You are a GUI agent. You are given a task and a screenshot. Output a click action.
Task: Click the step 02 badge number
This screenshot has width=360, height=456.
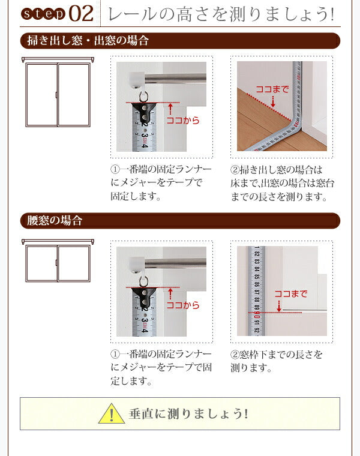point(81,13)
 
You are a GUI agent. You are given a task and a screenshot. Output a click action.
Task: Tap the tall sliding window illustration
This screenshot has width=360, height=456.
point(58,93)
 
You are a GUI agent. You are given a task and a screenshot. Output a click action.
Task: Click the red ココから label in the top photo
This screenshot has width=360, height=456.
point(182,121)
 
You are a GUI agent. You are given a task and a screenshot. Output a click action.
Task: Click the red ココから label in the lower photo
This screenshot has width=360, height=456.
point(182,305)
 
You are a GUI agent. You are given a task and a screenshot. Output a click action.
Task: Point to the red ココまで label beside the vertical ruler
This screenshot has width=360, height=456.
point(290,293)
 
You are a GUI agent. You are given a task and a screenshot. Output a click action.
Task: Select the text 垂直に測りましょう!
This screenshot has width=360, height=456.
point(188,414)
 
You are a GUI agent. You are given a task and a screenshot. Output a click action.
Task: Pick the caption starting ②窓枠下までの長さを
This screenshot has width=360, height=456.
point(276,361)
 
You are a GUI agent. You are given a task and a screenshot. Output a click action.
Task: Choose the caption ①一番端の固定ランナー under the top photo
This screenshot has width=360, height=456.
point(160,183)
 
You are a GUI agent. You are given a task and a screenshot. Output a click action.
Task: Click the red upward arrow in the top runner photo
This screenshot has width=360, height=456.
point(171,109)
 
